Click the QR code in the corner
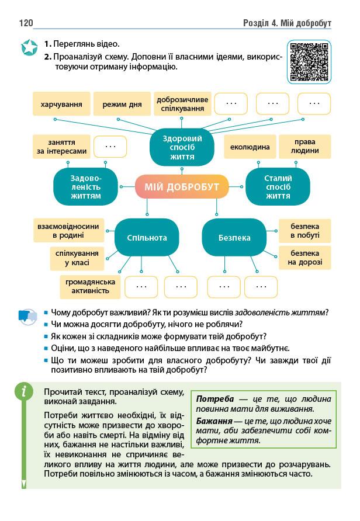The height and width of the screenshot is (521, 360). pos(309,62)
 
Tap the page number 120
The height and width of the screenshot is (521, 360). pos(26,23)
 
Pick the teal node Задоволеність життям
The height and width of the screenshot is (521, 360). pos(85,187)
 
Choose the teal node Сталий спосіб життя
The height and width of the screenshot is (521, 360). pos(278,187)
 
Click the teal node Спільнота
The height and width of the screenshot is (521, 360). pos(147,238)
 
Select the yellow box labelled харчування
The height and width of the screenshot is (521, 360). pos(61,104)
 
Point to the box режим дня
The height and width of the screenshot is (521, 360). pos(122,104)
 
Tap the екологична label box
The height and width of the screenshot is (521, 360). pos(250,147)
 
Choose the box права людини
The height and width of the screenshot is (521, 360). pos(304,147)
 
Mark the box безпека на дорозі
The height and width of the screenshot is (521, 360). pos(304,258)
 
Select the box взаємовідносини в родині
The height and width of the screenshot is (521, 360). pos(67,231)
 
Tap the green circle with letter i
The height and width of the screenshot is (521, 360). pos(23,391)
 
